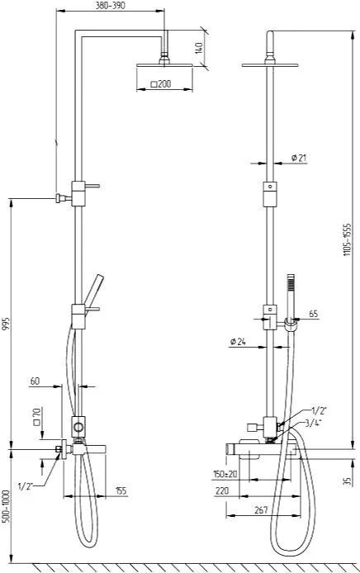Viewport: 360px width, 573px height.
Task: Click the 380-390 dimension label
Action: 110,6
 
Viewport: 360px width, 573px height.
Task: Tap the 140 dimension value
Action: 198,48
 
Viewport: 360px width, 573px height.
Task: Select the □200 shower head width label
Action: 161,84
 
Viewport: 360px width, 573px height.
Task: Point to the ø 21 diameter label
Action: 299,158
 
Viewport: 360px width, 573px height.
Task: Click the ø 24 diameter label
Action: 238,342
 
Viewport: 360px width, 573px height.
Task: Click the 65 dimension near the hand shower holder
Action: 313,314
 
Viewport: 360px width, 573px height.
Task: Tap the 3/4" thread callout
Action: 314,424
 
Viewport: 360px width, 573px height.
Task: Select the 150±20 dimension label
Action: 225,474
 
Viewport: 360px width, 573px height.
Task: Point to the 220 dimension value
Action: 222,490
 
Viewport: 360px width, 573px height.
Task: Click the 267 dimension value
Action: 261,509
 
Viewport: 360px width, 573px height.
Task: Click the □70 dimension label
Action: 36,417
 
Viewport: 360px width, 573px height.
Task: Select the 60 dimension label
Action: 35,381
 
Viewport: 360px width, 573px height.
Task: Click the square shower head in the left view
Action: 164,65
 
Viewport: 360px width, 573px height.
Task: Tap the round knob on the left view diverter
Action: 78,427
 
